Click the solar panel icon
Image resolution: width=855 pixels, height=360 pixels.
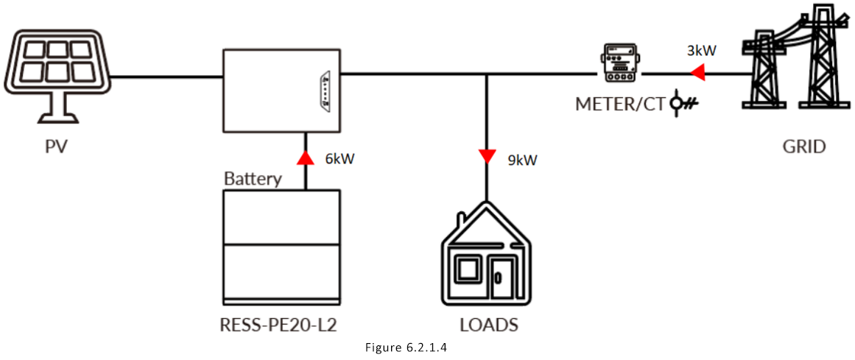[56, 74]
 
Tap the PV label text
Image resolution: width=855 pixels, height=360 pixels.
[56, 147]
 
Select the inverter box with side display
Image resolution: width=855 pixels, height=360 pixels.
[281, 91]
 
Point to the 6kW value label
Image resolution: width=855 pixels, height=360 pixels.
[339, 158]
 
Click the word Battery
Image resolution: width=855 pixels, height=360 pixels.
[253, 179]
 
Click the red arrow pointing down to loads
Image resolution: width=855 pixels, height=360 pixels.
[486, 155]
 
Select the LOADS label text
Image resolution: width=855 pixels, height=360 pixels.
[488, 325]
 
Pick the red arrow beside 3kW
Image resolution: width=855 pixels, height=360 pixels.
[697, 73]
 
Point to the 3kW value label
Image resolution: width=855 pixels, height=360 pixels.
[701, 51]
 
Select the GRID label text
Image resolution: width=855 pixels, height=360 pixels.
[803, 147]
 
